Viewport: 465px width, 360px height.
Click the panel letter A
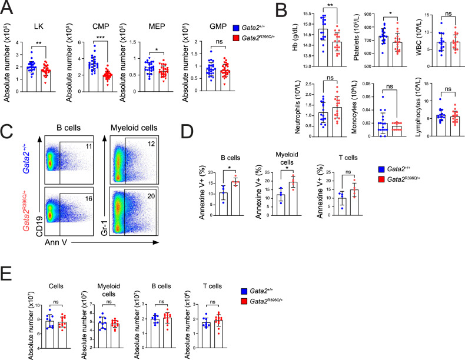[8, 8]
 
